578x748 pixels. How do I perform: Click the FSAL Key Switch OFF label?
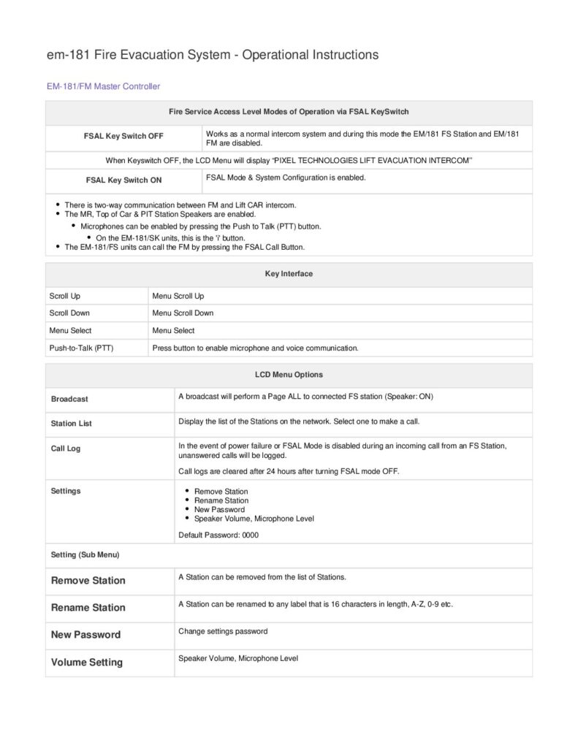pyautogui.click(x=124, y=137)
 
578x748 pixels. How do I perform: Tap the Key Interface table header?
pyautogui.click(x=289, y=274)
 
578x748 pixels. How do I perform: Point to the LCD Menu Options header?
pyautogui.click(x=289, y=375)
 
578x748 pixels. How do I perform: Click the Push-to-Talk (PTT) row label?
pyautogui.click(x=81, y=348)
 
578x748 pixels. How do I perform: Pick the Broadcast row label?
pyautogui.click(x=69, y=399)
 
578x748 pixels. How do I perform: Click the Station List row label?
pyautogui.click(x=72, y=424)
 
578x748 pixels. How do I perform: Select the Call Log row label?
pyautogui.click(x=66, y=449)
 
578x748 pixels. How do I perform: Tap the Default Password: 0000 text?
pyautogui.click(x=218, y=535)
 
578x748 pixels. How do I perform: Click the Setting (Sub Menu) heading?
pyautogui.click(x=85, y=554)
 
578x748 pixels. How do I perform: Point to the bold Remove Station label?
pyautogui.click(x=88, y=581)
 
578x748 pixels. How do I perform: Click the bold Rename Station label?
pyautogui.click(x=88, y=608)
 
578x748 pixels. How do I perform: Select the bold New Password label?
pyautogui.click(x=85, y=635)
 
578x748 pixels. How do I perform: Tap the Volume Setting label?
pyautogui.click(x=86, y=663)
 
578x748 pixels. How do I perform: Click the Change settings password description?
pyautogui.click(x=223, y=631)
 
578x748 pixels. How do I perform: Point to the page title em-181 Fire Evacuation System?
pyautogui.click(x=213, y=55)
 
